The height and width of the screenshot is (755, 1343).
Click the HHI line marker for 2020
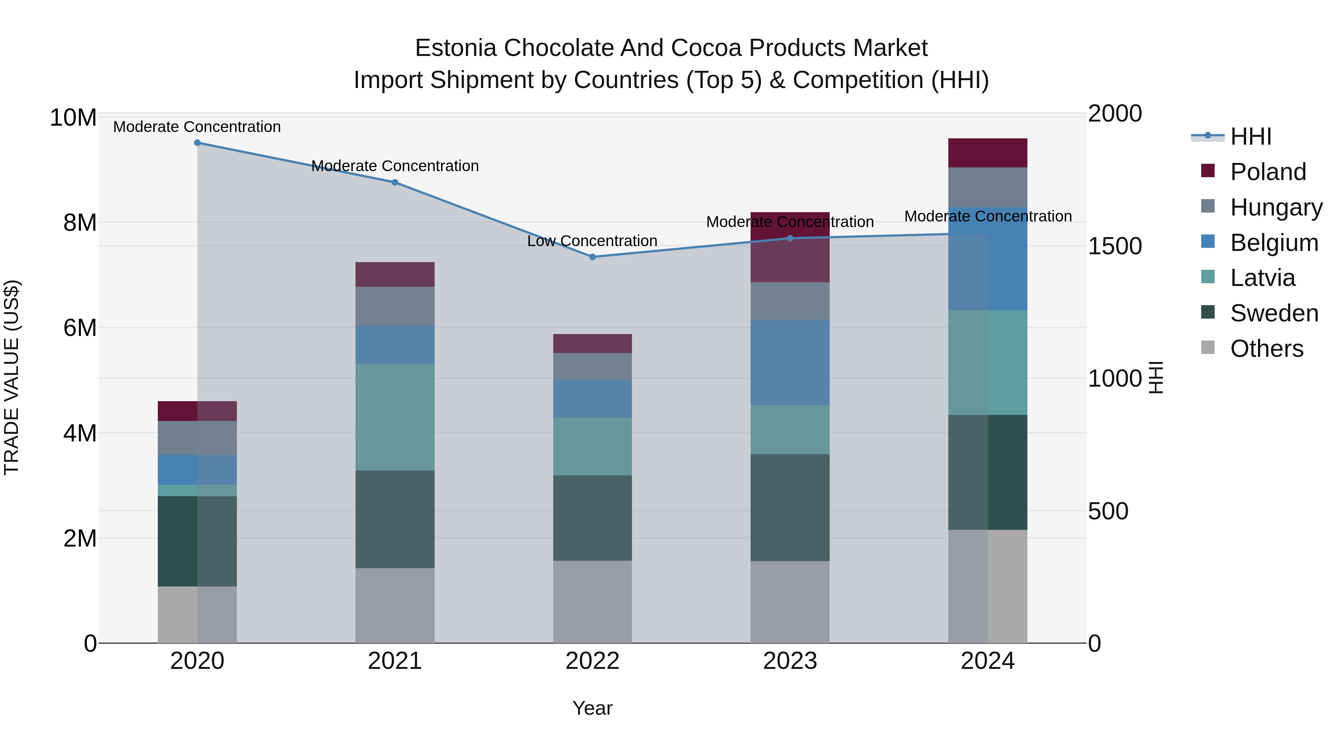197,143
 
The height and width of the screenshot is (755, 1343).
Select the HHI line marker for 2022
592,257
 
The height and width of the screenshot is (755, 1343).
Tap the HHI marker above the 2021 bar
395,182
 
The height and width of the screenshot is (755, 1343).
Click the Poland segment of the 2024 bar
987,152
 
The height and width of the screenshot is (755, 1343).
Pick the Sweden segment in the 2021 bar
395,519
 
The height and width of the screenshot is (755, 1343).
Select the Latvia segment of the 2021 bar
395,417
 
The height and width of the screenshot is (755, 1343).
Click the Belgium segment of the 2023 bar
790,363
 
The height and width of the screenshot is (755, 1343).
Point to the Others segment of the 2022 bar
592,602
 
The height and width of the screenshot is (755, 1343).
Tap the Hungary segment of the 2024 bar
987,188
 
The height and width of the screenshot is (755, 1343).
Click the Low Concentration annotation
592,241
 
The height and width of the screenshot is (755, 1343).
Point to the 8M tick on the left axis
80,223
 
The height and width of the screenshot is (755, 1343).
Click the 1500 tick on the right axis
1115,246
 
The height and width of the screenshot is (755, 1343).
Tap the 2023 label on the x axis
790,661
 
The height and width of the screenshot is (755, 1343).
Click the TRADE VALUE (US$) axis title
12,377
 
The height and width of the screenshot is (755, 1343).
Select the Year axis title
592,708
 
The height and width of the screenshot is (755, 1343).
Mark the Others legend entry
1267,349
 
